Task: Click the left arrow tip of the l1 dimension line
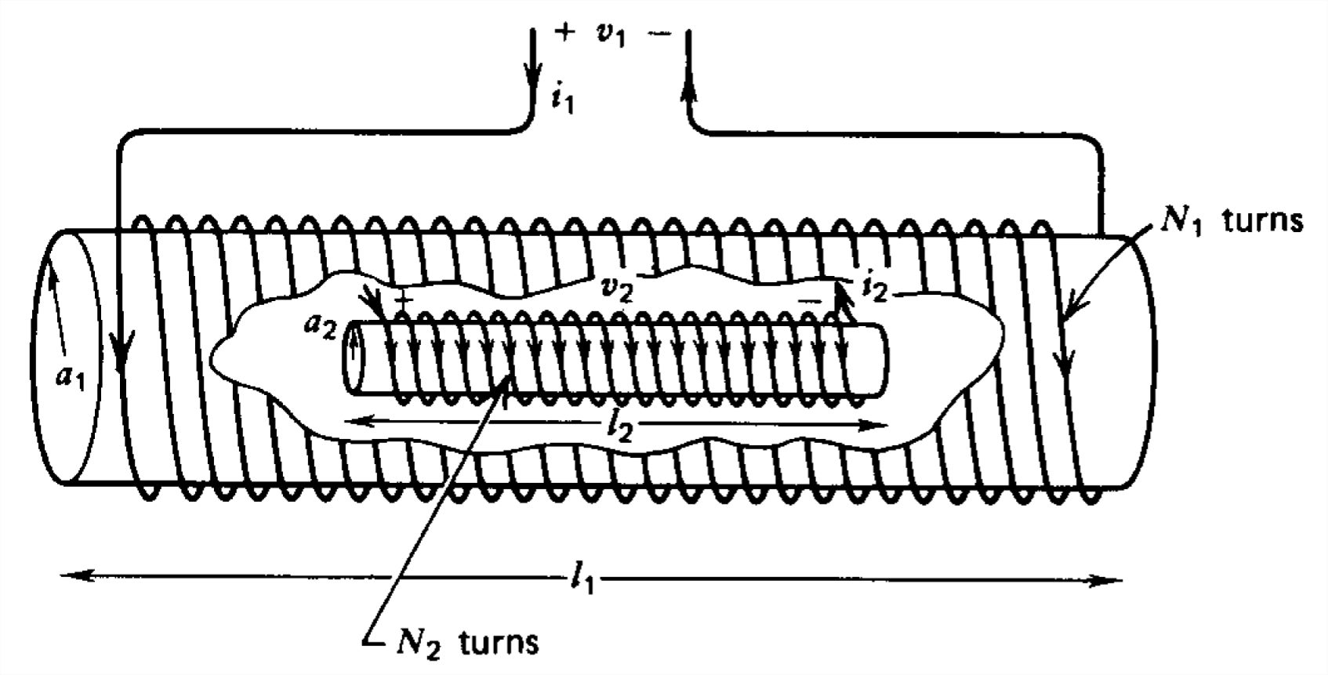pos(62,575)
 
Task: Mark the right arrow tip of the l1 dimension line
pos(1123,581)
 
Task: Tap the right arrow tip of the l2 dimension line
pos(888,425)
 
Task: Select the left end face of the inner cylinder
pos(354,358)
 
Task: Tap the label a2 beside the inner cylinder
pos(320,326)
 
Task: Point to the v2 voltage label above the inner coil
pos(616,290)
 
